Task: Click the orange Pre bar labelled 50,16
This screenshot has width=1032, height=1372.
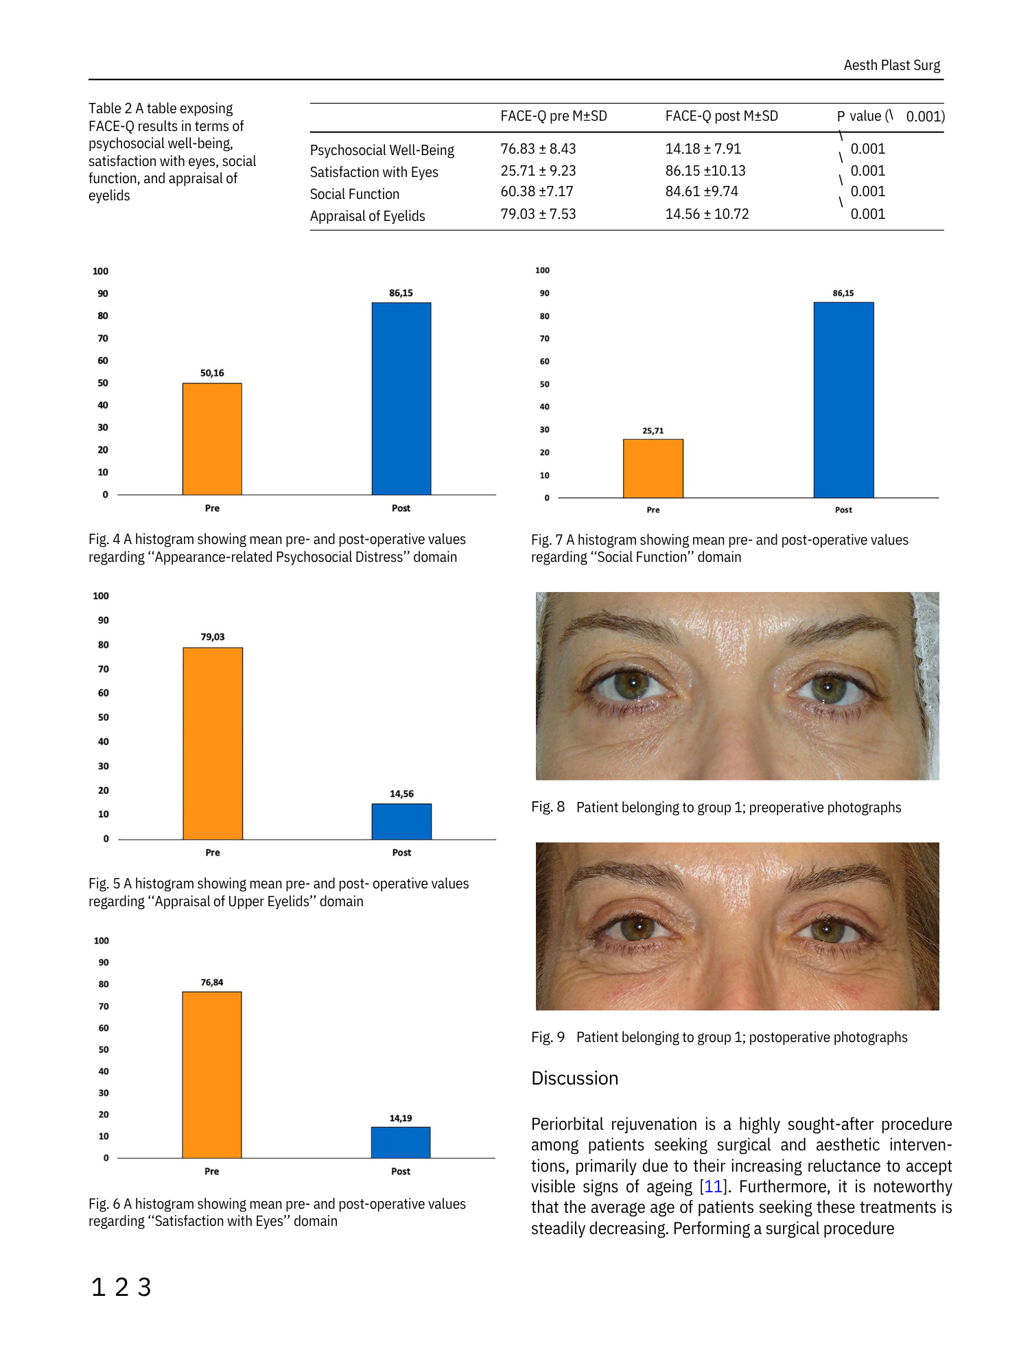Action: tap(212, 439)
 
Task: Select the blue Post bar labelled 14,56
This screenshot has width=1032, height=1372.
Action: tap(401, 821)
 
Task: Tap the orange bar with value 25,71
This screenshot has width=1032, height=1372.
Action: tap(653, 469)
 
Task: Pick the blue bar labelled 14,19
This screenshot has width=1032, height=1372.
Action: tap(401, 1142)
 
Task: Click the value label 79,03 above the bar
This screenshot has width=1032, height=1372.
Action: tap(213, 637)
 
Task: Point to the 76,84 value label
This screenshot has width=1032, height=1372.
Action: tap(212, 982)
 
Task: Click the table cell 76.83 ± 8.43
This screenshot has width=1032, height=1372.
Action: tap(538, 149)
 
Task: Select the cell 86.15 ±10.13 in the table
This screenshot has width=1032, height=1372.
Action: tap(705, 171)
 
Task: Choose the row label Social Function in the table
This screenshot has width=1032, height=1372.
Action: tap(354, 194)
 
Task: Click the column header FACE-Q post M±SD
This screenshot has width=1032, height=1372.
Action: tap(721, 116)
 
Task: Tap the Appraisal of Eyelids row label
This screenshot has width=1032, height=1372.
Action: tap(367, 216)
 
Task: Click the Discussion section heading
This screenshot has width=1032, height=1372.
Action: tap(574, 1078)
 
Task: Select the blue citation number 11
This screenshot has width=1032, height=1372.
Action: tap(713, 1187)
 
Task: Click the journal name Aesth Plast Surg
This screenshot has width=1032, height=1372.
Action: tap(891, 65)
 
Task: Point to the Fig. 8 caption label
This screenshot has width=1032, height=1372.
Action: tap(548, 807)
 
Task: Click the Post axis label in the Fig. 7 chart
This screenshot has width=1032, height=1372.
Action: tap(843, 510)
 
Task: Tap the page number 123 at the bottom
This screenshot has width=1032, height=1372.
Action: tap(121, 1287)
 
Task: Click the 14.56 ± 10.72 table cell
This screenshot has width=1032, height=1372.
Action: tap(707, 214)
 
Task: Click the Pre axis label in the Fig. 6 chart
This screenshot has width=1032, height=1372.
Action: tap(212, 1171)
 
